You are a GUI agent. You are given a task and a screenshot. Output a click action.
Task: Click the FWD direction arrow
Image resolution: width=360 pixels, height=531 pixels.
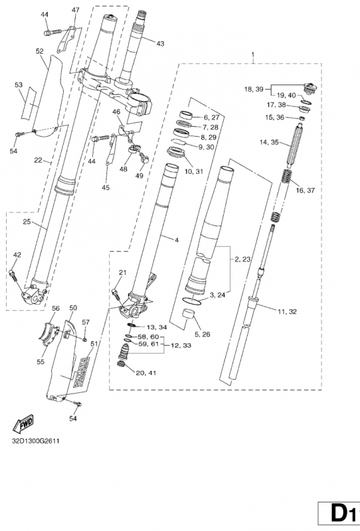click(23, 423)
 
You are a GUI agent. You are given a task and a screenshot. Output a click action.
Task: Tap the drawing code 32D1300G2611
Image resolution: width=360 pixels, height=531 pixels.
click(36, 441)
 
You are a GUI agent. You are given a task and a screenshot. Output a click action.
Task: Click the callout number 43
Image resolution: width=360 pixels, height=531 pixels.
click(160, 44)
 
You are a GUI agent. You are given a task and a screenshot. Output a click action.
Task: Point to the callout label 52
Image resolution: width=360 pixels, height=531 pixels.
click(40, 51)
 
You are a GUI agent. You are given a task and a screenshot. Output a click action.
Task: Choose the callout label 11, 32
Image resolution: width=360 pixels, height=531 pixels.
click(287, 311)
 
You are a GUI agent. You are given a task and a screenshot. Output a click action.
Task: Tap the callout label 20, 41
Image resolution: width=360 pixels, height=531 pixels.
click(145, 373)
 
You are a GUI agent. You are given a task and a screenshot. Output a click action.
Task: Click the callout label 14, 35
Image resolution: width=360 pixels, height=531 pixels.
click(269, 142)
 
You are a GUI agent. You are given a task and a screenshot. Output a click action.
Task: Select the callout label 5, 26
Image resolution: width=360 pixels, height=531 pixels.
click(201, 335)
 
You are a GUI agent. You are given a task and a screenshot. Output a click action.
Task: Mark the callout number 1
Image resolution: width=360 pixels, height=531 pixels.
click(252, 54)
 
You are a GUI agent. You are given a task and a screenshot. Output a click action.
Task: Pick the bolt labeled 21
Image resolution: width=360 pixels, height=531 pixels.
click(116, 293)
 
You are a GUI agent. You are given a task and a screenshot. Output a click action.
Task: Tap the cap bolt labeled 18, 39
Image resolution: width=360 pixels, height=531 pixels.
click(310, 88)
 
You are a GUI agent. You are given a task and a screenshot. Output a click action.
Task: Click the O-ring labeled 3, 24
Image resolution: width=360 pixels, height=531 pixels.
click(191, 301)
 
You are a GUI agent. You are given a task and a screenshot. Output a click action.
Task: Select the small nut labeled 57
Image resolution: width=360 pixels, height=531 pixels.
click(84, 339)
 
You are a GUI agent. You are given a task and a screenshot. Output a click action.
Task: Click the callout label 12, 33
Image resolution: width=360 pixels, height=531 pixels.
click(181, 345)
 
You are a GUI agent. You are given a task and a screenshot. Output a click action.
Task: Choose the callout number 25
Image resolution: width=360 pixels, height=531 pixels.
click(27, 222)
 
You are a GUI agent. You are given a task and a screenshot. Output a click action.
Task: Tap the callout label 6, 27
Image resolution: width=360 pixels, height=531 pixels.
click(211, 117)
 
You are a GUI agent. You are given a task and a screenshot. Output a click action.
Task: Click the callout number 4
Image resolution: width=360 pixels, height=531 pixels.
click(176, 240)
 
